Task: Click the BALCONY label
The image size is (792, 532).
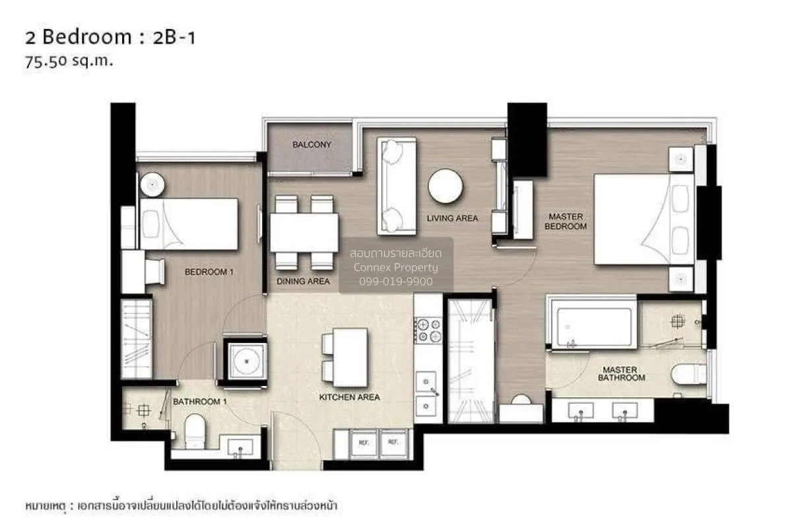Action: click(x=312, y=145)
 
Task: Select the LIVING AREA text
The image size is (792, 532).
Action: click(x=452, y=218)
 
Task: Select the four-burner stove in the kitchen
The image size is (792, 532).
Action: click(x=427, y=330)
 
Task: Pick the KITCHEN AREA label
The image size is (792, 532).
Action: click(x=349, y=397)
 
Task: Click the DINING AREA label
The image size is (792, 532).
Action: click(x=303, y=281)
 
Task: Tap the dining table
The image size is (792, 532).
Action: click(x=304, y=233)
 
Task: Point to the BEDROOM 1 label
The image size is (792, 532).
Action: click(x=209, y=272)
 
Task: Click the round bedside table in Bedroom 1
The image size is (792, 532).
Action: click(x=151, y=183)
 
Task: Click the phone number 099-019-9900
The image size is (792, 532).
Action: click(x=395, y=282)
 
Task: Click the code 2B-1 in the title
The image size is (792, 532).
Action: click(x=173, y=38)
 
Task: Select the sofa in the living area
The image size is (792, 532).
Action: click(x=396, y=186)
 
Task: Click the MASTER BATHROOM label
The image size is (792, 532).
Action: click(x=621, y=374)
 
